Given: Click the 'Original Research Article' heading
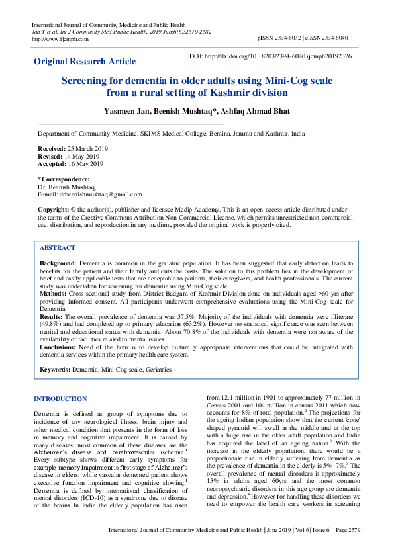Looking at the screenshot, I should coord(85,61).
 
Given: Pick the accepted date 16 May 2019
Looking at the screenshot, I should coord(84,163).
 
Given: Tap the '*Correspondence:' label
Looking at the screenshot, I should coord(64,179).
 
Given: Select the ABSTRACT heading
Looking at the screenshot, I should coord(58,247).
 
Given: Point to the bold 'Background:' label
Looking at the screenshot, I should coord(58,263).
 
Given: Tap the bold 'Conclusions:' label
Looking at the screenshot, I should coord(58,347).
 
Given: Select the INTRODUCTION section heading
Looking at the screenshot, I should coord(60,399).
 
